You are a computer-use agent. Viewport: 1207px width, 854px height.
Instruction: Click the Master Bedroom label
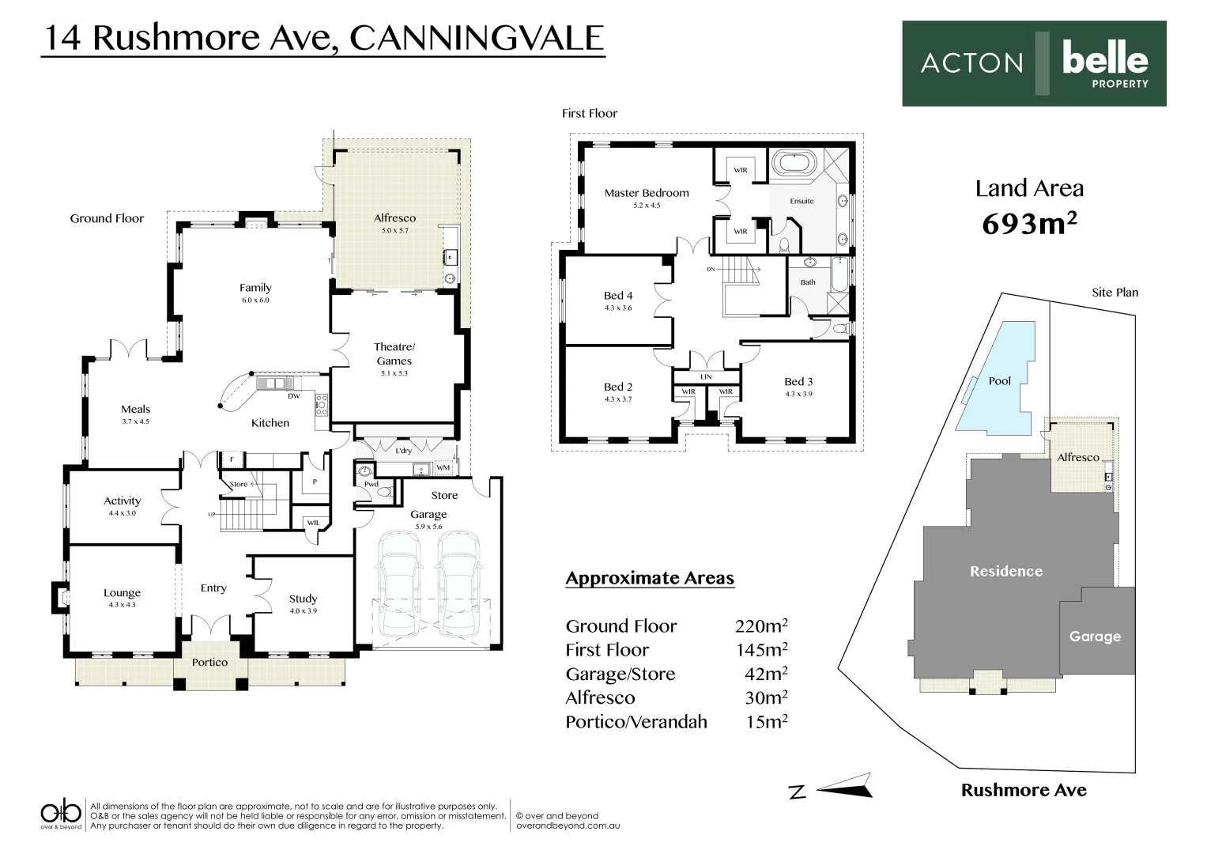coord(646,193)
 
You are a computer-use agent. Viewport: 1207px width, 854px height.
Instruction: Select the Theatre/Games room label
coord(394,353)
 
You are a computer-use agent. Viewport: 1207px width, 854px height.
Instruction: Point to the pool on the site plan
coord(998,380)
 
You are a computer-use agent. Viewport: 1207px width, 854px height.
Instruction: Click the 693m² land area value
coord(1029,225)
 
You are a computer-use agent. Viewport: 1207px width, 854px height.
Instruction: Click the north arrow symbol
coord(844,787)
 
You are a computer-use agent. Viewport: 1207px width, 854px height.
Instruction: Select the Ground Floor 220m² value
coord(761,626)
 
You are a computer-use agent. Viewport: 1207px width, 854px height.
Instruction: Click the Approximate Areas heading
coord(650,579)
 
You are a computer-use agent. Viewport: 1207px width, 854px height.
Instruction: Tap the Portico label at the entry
coord(209,663)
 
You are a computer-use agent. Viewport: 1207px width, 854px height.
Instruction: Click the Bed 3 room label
coord(798,382)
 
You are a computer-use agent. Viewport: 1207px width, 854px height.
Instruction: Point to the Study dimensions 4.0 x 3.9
coord(303,610)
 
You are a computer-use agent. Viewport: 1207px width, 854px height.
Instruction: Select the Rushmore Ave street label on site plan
coord(1023,790)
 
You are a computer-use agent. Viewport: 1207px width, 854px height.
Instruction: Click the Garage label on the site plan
coord(1095,637)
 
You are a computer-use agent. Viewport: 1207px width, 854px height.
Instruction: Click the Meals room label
coord(135,409)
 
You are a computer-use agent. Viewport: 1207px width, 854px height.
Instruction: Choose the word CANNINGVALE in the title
coord(476,38)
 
